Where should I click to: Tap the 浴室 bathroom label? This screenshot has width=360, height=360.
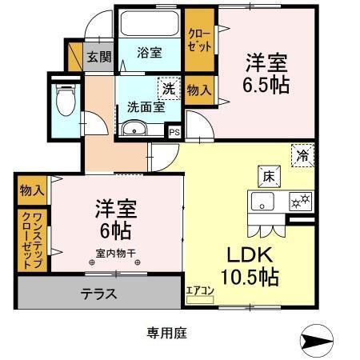[x=149, y=53]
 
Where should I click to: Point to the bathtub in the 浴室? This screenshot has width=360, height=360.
[x=150, y=24]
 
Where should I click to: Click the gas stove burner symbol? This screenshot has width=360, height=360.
[x=299, y=202]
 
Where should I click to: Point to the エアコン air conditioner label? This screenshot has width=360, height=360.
[x=199, y=291]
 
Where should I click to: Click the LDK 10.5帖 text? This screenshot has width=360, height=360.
[x=249, y=266]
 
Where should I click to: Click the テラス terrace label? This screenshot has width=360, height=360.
[x=99, y=294]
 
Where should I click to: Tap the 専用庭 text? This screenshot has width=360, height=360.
[x=166, y=330]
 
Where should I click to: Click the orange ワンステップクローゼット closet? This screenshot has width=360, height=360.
[x=27, y=239]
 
